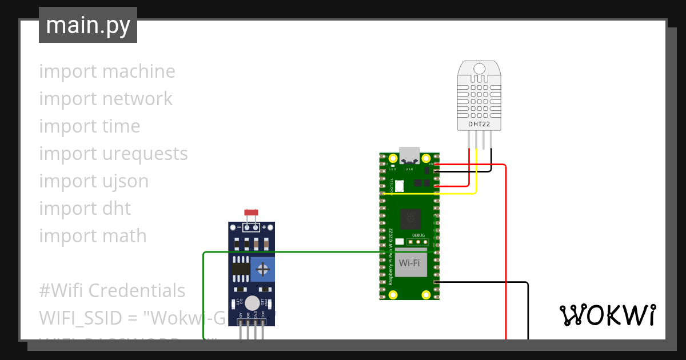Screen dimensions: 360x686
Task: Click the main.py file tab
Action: pos(87,25)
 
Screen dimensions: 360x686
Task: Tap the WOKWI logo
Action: pos(607,315)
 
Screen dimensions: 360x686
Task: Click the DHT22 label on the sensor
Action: pos(480,123)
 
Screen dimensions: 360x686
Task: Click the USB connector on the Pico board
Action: pos(409,155)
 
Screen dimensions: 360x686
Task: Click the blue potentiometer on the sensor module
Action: pos(262,269)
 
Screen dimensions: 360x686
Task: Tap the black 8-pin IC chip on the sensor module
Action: pos(240,269)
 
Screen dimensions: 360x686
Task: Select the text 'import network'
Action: pos(106,98)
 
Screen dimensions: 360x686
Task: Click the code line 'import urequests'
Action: pos(113,153)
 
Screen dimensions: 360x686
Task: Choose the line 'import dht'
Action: pos(85,208)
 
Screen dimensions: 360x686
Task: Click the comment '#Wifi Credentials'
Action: pos(112,290)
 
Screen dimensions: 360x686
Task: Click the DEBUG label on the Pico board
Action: pos(419,234)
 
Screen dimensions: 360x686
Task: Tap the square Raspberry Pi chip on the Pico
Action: pos(409,218)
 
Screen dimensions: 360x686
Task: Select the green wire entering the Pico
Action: pos(286,252)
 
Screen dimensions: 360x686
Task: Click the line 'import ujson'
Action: pos(94,181)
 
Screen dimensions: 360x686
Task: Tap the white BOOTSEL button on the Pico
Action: pos(399,185)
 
